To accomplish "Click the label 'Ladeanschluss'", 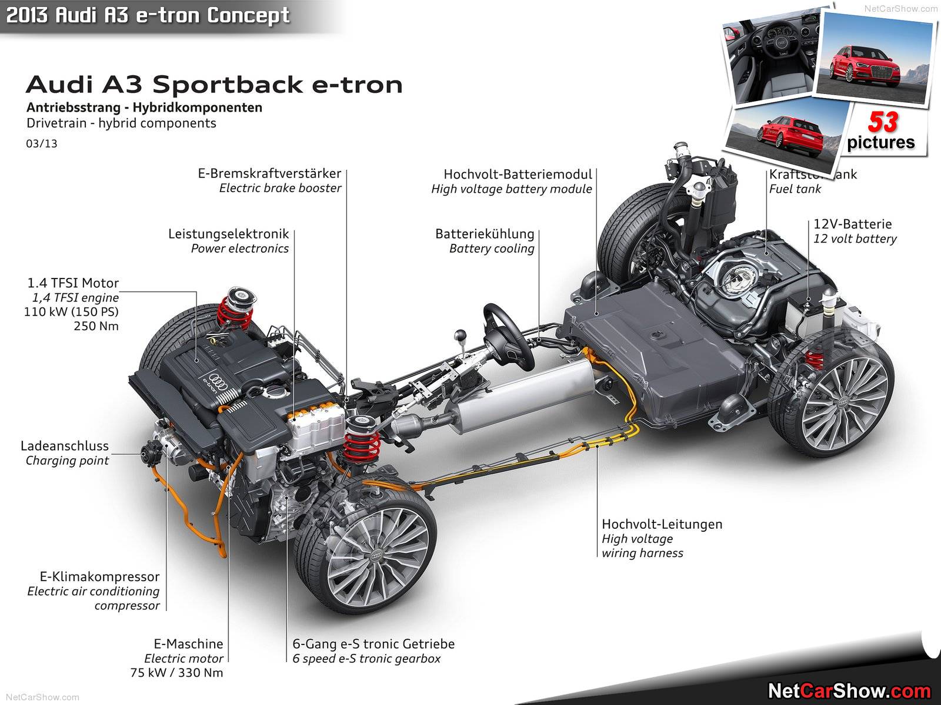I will (65, 446).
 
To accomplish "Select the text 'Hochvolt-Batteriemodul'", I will (518, 174).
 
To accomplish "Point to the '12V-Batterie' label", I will (852, 224).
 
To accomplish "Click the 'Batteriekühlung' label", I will (485, 234).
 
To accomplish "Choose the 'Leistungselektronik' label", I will (228, 234).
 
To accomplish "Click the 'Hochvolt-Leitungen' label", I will (662, 524).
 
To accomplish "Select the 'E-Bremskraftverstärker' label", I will (269, 173).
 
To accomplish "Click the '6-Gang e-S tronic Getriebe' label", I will (373, 644).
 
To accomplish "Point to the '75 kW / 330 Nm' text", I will (176, 673).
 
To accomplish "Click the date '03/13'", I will (42, 143).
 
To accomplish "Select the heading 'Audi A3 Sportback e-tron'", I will (214, 85).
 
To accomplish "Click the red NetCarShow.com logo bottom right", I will (849, 691).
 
